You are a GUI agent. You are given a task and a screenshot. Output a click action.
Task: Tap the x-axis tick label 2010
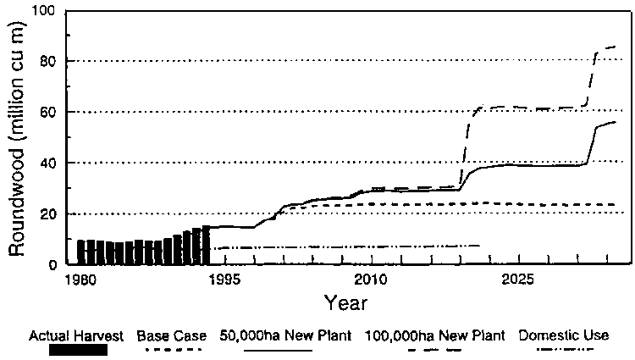(370, 279)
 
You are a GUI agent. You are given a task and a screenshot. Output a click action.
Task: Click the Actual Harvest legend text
(69, 335)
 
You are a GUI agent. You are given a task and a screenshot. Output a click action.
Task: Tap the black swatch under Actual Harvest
(69, 348)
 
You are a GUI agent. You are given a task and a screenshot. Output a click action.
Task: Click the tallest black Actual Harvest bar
(206, 246)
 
